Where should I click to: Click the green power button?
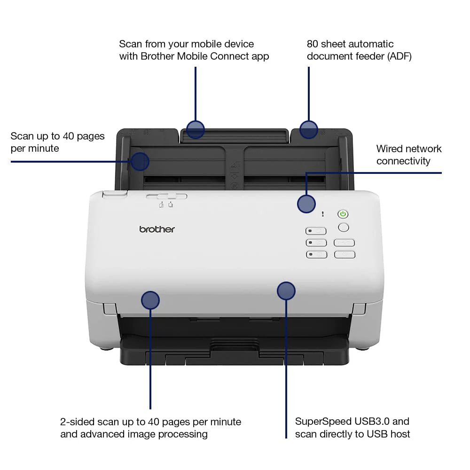click(343, 214)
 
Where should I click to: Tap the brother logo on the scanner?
click(157, 229)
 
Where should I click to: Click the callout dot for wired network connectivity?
click(306, 204)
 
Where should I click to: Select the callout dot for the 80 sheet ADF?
click(309, 130)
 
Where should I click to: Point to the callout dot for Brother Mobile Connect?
click(196, 130)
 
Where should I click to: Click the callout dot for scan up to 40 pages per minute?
click(140, 162)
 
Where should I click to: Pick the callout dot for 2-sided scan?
click(150, 300)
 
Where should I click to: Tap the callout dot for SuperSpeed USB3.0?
click(286, 291)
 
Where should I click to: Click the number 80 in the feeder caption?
click(313, 44)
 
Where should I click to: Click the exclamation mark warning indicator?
click(322, 214)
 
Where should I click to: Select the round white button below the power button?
click(344, 227)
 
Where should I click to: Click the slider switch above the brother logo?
click(167, 196)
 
